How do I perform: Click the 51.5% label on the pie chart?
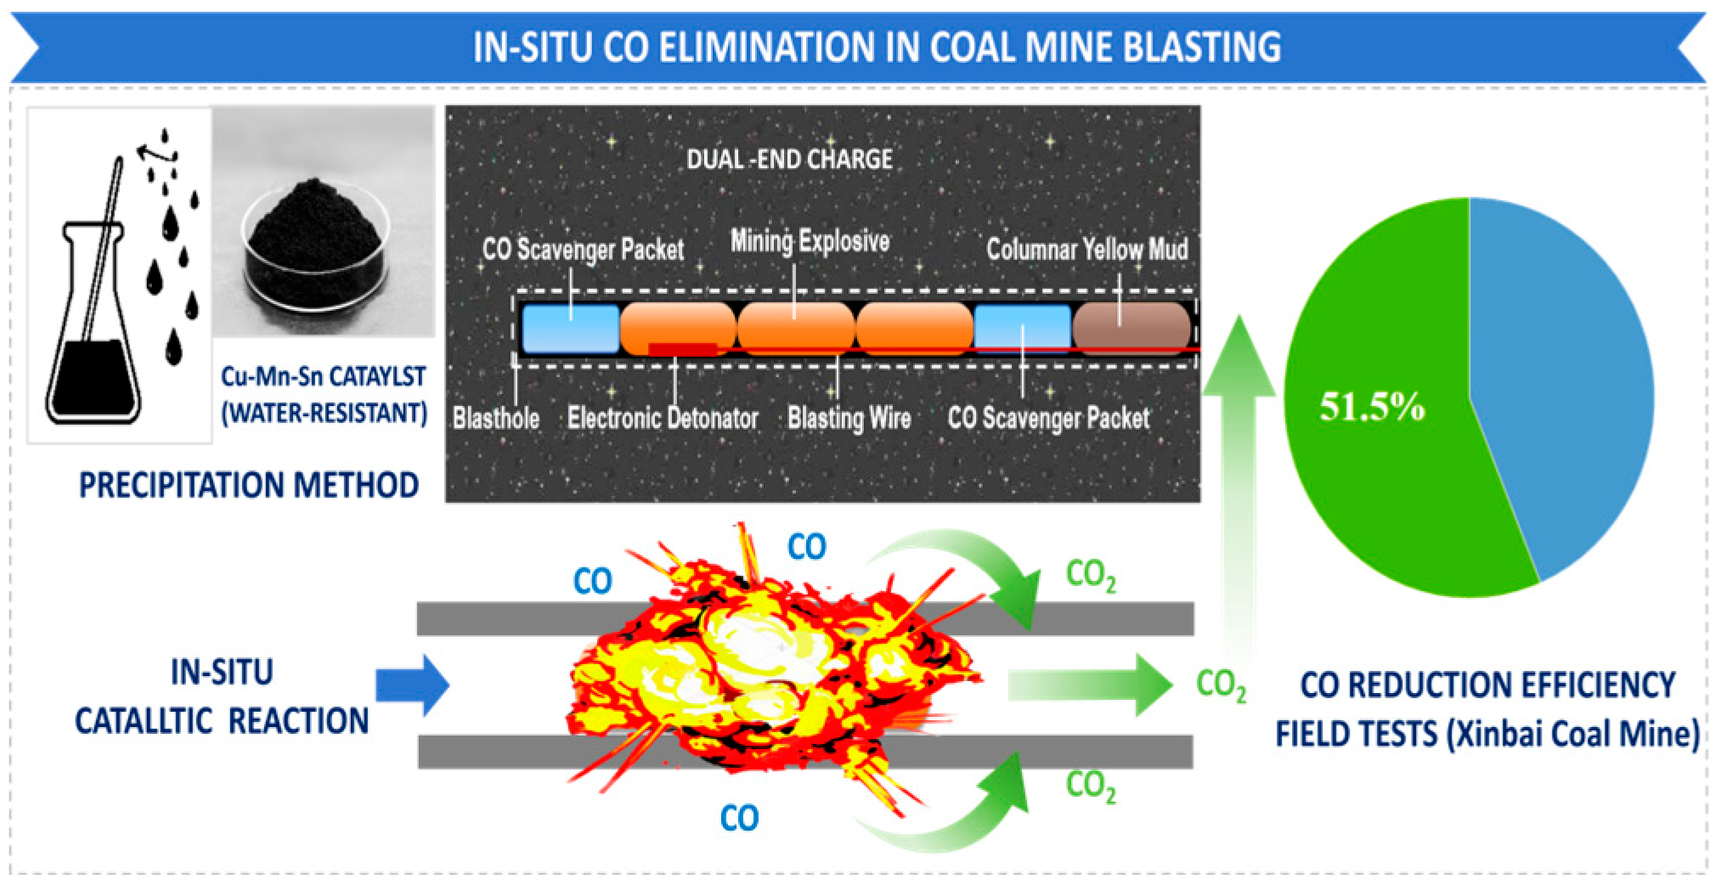(x=1371, y=406)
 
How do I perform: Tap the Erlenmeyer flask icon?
(x=93, y=323)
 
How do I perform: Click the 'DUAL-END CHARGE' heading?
(x=789, y=159)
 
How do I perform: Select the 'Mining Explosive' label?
(x=810, y=242)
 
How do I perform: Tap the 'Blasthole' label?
(x=496, y=418)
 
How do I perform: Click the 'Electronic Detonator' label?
(x=663, y=418)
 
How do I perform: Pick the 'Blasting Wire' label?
(x=849, y=418)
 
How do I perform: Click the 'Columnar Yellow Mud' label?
(x=1086, y=249)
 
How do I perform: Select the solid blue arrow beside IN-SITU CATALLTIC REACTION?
(x=413, y=685)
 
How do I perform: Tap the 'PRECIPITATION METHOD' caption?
(x=249, y=485)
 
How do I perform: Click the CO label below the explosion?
(x=739, y=817)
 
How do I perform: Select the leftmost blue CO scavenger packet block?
(x=570, y=328)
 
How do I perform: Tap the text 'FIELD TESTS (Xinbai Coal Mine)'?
(x=1487, y=734)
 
